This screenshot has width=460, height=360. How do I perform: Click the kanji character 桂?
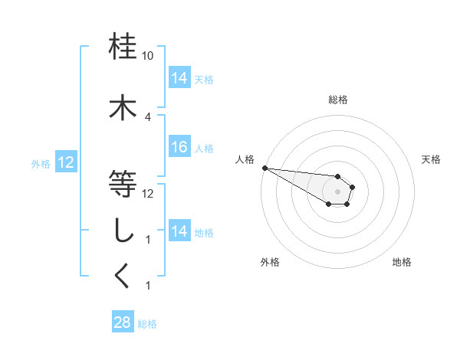click(x=123, y=47)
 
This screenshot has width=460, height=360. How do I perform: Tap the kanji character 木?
click(x=123, y=108)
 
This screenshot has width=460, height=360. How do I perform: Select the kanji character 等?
click(x=123, y=185)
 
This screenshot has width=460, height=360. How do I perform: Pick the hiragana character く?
click(x=123, y=277)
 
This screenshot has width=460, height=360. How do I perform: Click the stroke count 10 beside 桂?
click(x=147, y=56)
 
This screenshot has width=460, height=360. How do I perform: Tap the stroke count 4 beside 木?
click(x=147, y=117)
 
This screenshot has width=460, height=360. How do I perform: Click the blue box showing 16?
click(x=179, y=148)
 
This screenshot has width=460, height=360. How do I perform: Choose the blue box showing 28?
click(x=123, y=322)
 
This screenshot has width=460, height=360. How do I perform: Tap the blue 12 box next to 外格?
click(x=66, y=162)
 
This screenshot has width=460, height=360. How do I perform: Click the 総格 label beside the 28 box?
click(x=147, y=324)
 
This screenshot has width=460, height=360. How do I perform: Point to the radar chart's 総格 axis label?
click(x=337, y=100)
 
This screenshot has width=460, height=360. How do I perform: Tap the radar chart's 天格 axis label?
click(x=431, y=159)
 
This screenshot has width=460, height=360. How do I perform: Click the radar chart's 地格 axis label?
click(x=402, y=262)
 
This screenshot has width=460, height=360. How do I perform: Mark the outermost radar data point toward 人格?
click(x=264, y=168)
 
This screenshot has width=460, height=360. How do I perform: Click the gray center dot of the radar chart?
click(x=337, y=191)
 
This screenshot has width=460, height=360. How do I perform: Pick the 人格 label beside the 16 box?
click(x=204, y=149)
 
